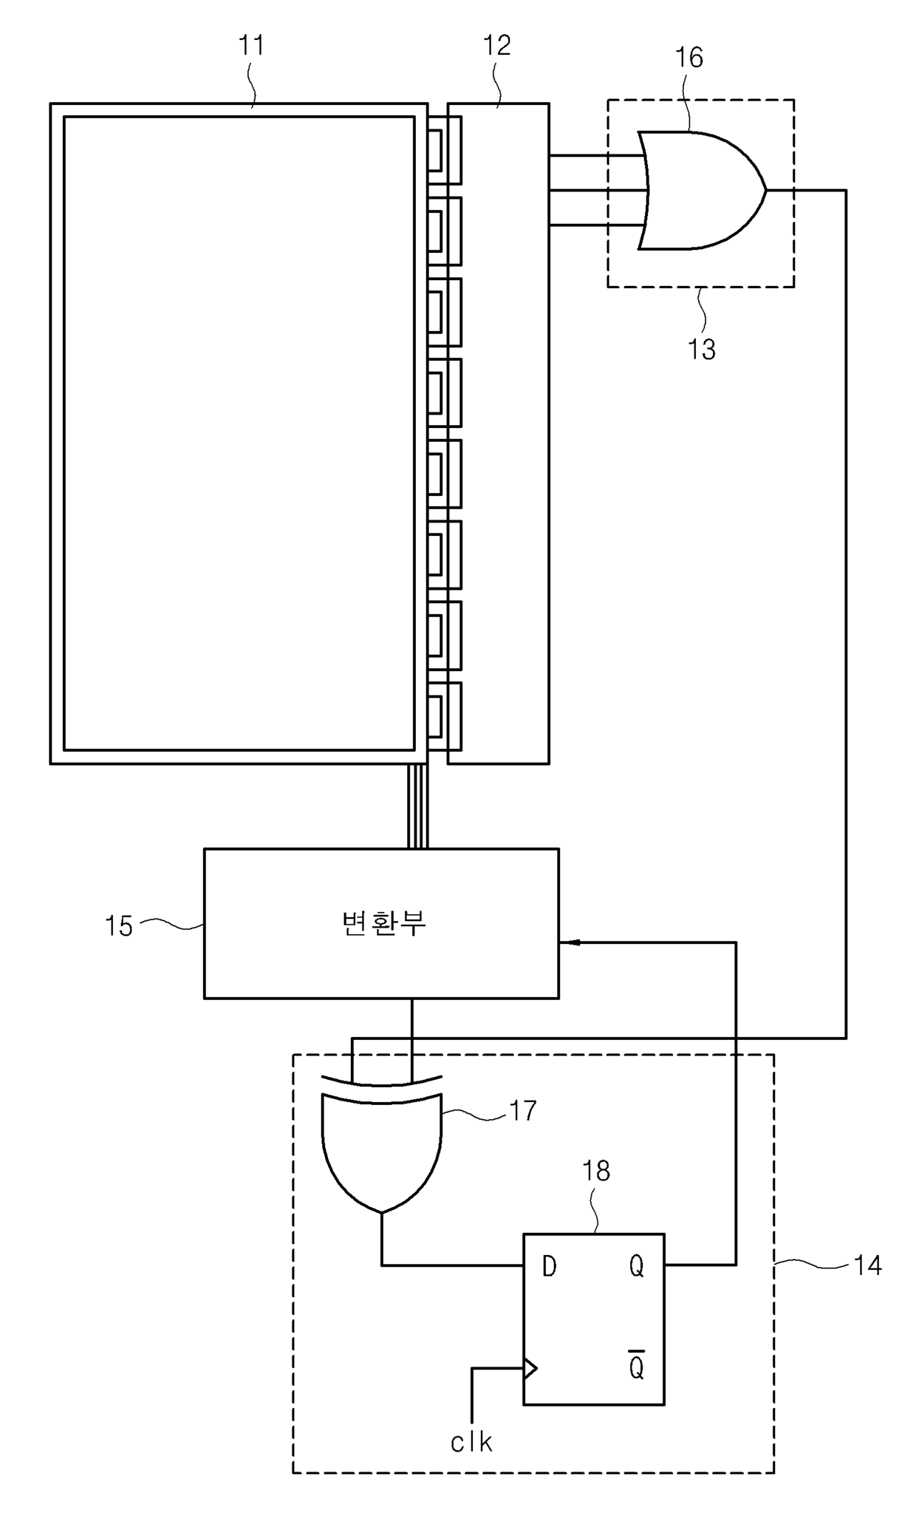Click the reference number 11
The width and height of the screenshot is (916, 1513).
tap(251, 46)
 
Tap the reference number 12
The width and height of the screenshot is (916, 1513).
tap(496, 46)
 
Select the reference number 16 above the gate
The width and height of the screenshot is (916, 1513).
tap(688, 58)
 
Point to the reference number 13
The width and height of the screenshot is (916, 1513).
tap(701, 349)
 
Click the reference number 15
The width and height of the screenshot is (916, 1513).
tap(118, 925)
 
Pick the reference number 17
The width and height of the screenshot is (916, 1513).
tap(522, 1111)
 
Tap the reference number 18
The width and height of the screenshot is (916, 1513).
tap(595, 1171)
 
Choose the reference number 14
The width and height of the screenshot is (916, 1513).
tap(867, 1265)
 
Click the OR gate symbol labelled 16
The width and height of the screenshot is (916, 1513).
tap(698, 191)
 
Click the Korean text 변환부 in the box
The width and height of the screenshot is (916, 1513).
tap(383, 923)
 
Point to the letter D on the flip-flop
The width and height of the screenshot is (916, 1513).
tap(549, 1267)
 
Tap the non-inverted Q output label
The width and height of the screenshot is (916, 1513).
tap(636, 1267)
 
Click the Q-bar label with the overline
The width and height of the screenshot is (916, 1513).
tap(636, 1367)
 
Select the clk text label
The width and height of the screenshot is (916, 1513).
tap(471, 1442)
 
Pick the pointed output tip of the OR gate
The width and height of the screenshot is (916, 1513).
tap(765, 191)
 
